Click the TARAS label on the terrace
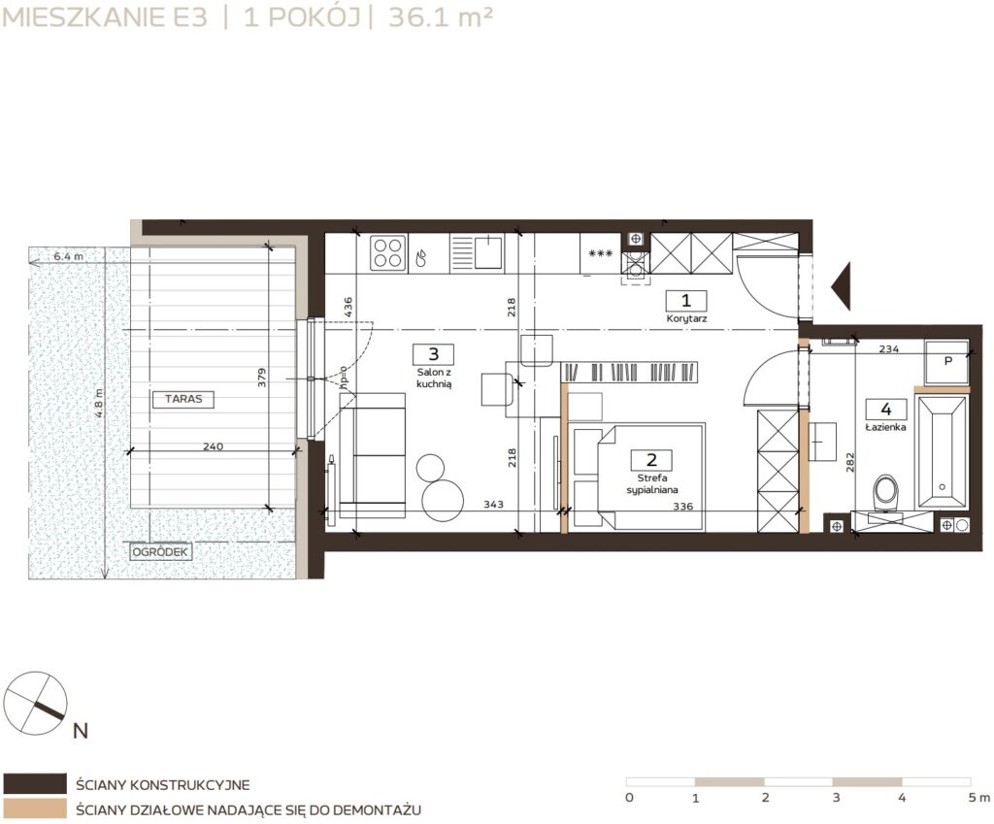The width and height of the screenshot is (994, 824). (183, 399)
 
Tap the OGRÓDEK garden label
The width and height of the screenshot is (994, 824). (161, 552)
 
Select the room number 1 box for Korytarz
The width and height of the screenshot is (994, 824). (686, 301)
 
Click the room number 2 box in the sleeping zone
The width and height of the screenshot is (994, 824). (651, 460)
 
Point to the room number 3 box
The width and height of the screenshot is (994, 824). (434, 354)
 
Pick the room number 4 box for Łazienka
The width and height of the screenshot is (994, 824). (885, 409)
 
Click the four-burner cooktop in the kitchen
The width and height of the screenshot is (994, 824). (388, 253)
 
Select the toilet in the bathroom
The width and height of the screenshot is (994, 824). (885, 492)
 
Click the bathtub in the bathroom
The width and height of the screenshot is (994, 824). (942, 452)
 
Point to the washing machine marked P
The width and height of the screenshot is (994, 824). (946, 361)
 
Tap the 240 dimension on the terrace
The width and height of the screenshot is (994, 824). (213, 446)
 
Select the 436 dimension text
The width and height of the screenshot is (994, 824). (348, 308)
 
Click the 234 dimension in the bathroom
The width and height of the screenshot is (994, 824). (889, 348)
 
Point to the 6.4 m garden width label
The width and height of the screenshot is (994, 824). (69, 256)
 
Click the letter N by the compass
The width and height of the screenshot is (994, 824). (81, 731)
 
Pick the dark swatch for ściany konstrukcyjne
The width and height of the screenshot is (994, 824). (35, 783)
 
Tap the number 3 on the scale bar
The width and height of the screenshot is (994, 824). (836, 798)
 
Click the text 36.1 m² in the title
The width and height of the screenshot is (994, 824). (441, 17)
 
